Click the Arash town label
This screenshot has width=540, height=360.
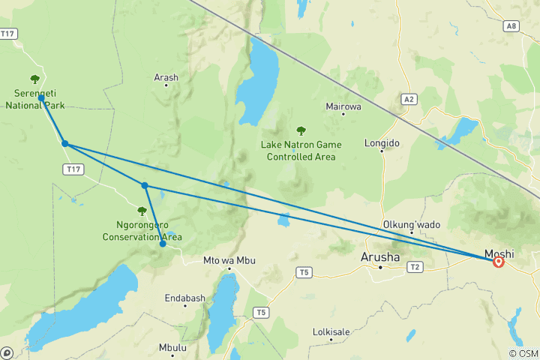point(166,76)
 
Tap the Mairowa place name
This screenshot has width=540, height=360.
point(343,106)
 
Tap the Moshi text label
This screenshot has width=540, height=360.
point(499,253)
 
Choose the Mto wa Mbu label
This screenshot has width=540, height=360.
point(229,261)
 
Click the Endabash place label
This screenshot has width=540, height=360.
point(184,298)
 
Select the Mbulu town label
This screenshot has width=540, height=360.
point(173,347)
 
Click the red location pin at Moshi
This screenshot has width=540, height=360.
point(499,261)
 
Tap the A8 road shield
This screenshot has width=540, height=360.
point(511,26)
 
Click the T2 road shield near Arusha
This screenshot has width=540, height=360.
point(415,266)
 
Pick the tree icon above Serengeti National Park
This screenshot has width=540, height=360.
point(34,79)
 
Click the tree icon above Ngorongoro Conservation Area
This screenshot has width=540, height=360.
point(142,211)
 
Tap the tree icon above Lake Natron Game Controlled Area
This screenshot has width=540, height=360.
point(301,131)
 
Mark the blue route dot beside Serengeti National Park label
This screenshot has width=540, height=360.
point(41,98)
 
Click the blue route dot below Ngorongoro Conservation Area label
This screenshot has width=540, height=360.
point(163,244)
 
